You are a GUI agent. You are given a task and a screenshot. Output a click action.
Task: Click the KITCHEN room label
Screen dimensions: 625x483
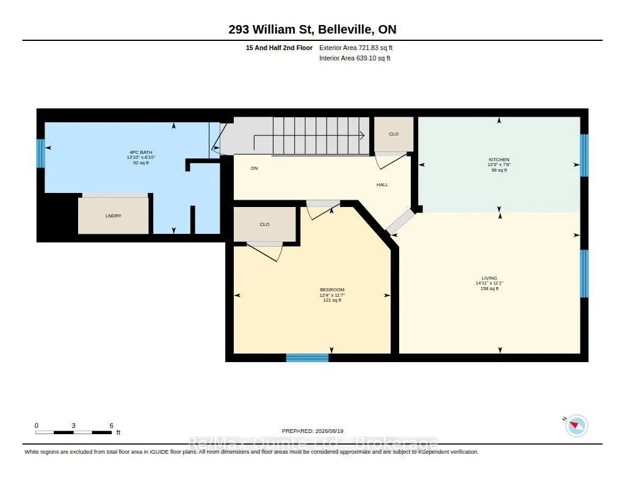point(499,159)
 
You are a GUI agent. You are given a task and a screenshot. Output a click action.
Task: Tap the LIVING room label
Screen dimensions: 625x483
point(489,278)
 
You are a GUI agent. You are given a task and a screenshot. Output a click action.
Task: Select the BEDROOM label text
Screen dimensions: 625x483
point(332,289)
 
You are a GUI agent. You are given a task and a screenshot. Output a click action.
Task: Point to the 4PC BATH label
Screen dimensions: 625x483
point(141,153)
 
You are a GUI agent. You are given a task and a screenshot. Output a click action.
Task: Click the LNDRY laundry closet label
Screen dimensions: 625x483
point(113,216)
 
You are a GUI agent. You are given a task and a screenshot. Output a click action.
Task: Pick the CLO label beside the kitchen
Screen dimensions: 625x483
point(394,134)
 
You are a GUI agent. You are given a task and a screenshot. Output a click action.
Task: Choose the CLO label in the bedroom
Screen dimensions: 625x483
point(264,225)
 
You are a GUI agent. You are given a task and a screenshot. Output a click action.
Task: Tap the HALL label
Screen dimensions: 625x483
point(382,184)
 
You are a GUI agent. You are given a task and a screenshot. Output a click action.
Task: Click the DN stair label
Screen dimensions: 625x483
point(255,169)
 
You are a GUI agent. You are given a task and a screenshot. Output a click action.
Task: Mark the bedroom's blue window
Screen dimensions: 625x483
point(308,358)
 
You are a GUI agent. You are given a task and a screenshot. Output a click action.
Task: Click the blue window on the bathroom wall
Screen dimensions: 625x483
point(40,153)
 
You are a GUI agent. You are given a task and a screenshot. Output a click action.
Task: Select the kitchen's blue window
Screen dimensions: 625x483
point(584,155)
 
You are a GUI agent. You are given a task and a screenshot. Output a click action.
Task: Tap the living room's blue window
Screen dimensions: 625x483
point(584,274)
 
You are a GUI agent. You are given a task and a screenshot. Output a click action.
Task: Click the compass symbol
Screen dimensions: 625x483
point(576,426)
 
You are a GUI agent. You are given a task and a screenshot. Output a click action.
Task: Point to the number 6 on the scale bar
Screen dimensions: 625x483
point(112,426)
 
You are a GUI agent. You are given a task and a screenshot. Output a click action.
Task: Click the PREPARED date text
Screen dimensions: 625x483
point(312,431)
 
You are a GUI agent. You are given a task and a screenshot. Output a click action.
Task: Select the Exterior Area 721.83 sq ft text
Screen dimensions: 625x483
point(356,48)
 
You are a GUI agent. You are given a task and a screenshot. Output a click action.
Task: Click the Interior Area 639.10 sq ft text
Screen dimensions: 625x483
point(355,58)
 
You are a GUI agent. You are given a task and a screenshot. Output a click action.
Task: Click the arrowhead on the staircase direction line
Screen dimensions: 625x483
point(363,136)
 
